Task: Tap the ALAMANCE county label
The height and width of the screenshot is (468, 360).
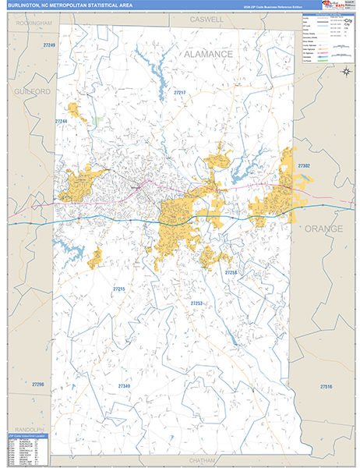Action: coord(208,54)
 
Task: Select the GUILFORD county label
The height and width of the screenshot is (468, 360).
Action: coord(32,91)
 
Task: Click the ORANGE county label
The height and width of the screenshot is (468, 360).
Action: coord(323,229)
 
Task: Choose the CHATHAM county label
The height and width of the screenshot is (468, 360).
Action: coord(200,461)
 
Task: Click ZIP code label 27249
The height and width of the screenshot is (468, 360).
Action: coord(50,46)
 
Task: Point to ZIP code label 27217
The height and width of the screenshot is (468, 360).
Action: coord(179,93)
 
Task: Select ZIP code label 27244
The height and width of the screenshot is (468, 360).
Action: coord(62,122)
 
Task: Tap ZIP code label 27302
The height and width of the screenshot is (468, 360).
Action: coord(303,166)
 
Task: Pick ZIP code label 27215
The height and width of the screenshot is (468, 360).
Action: coord(119,289)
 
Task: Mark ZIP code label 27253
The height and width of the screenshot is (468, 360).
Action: coord(196,303)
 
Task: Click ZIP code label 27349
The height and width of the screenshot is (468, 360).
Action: coord(125,385)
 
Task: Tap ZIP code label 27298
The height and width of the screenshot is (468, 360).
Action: coord(38,385)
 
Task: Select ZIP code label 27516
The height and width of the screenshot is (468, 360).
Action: coord(326,387)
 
